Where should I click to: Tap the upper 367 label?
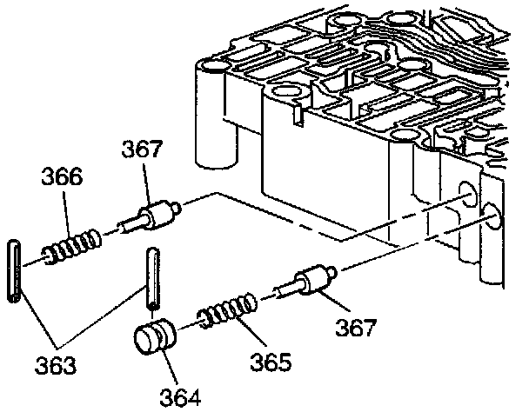click(x=143, y=150)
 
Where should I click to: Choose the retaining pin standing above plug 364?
click(x=151, y=277)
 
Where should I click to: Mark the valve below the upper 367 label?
click(x=153, y=214)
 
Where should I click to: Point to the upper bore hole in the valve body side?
click(x=466, y=194)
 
